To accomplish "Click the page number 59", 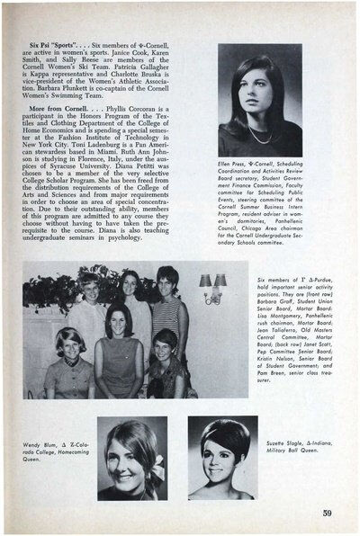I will (x=328, y=514).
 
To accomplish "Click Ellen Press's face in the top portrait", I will (x=260, y=99).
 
